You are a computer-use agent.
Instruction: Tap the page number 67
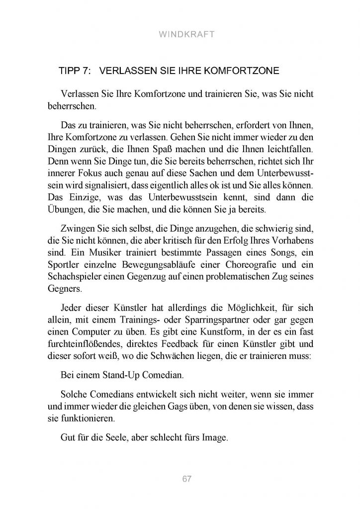pyautogui.click(x=187, y=479)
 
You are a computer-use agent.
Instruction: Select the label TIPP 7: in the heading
pyautogui.click(x=75, y=71)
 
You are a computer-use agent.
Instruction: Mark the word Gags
pyautogui.click(x=178, y=405)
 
